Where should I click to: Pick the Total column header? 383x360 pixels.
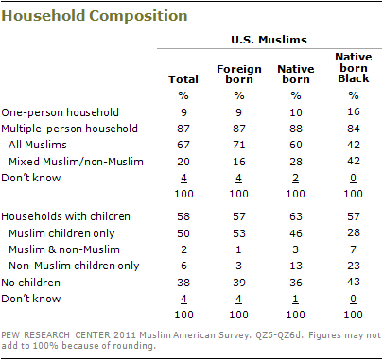[177, 80]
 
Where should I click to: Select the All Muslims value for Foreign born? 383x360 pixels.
[233, 144]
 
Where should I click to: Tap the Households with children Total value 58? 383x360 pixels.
[177, 218]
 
